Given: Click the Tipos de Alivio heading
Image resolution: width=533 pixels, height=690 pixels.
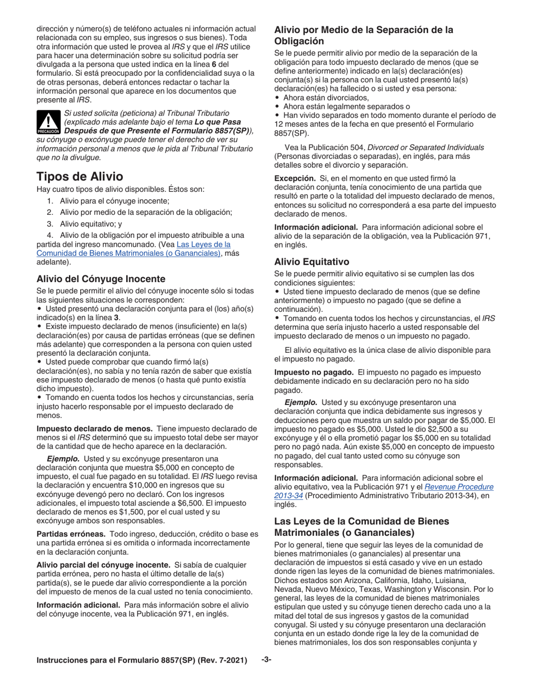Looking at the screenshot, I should coord(80,176).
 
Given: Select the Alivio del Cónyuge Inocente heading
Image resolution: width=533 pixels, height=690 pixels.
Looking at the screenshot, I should coord(101,278).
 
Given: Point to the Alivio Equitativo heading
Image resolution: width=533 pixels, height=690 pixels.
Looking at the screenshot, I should coord(311,261).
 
